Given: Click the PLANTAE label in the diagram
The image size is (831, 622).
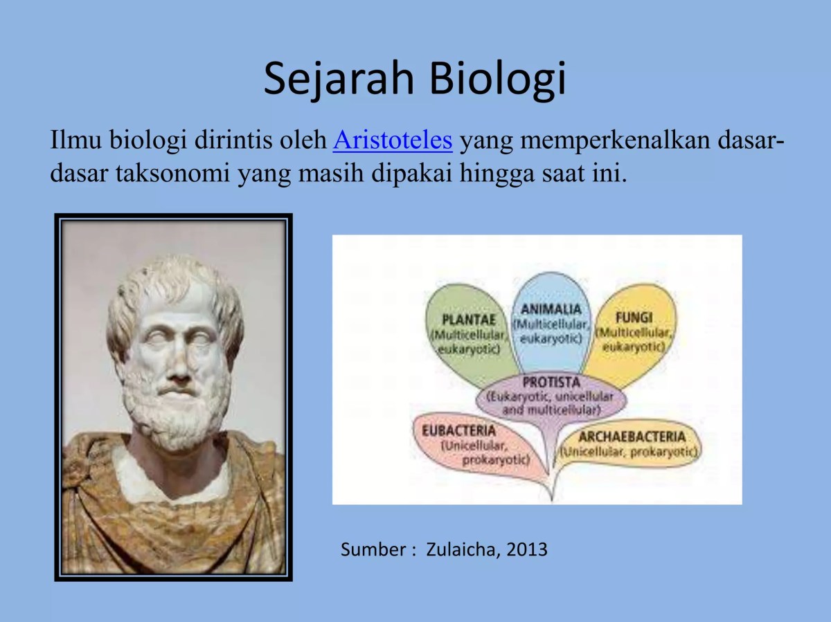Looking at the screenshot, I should (x=469, y=320).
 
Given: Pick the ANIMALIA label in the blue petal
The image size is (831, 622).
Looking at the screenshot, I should (x=551, y=309).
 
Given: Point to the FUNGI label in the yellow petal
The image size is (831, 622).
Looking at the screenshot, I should (x=634, y=318).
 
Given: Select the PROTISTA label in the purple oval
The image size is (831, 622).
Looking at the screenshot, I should (x=551, y=382).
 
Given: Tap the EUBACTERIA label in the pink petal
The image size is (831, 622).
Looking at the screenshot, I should (x=459, y=430).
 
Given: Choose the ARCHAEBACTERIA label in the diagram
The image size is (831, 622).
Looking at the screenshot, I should (x=632, y=437).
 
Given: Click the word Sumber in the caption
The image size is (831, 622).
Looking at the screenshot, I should (x=373, y=550).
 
